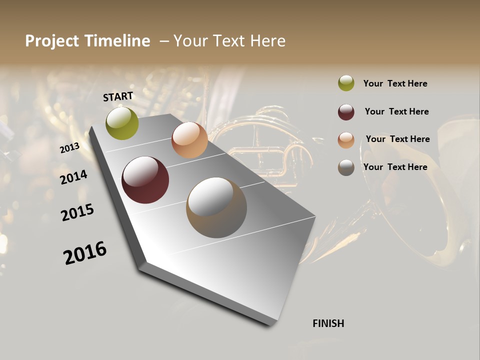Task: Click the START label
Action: tap(118, 96)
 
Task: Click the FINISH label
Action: tap(328, 323)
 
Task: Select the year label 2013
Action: tap(70, 148)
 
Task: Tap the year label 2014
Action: tap(73, 177)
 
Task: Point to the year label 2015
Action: tap(77, 212)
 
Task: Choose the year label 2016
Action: tap(85, 253)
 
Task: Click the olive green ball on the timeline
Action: tap(122, 123)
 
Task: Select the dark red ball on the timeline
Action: tap(145, 180)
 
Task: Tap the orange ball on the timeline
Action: tap(189, 140)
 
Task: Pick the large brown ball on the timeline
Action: tap(216, 207)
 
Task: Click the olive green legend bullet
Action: tap(346, 83)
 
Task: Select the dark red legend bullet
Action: tap(346, 112)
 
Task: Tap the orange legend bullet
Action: tap(346, 140)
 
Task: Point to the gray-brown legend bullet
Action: tap(346, 167)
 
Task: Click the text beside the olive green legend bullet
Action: tap(395, 83)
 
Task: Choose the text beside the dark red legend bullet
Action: tap(396, 111)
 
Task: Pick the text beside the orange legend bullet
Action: tap(397, 139)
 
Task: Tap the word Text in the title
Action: tap(227, 41)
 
